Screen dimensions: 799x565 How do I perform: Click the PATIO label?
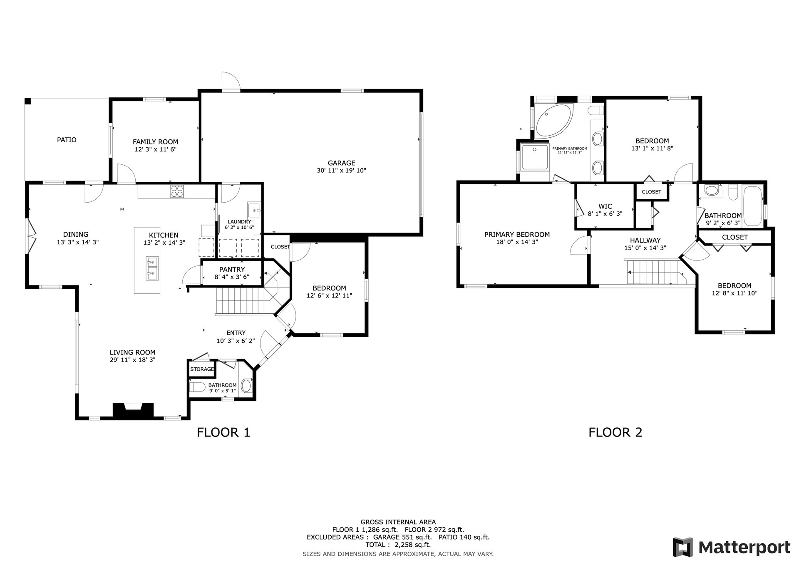(x=67, y=140)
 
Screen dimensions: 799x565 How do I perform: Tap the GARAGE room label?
(x=341, y=163)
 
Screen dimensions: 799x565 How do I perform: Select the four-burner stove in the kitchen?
(x=176, y=191)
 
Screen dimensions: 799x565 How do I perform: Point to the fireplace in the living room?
(x=134, y=410)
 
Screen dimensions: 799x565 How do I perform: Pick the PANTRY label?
(x=232, y=269)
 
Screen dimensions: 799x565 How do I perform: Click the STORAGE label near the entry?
(x=202, y=369)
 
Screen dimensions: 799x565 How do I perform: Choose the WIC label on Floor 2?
(x=605, y=206)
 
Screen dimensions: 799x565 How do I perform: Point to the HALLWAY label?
(x=645, y=240)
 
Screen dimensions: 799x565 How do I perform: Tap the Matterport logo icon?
(x=683, y=547)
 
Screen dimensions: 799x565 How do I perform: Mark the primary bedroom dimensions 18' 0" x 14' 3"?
(x=517, y=242)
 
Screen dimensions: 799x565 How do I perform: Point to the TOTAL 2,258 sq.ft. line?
(x=398, y=545)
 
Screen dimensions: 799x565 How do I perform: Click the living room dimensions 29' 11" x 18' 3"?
(x=132, y=360)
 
